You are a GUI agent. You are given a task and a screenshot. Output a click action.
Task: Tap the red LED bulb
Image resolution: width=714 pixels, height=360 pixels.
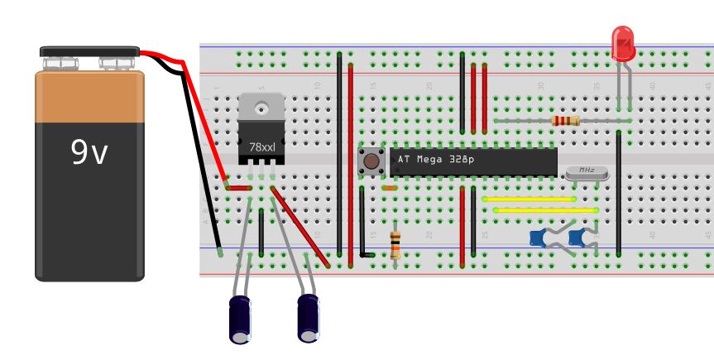[x=623, y=43]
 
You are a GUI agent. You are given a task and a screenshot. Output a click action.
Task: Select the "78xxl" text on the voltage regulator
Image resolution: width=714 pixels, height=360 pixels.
[x=262, y=146]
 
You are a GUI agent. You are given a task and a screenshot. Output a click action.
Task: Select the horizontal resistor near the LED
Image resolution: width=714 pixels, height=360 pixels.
[x=564, y=121]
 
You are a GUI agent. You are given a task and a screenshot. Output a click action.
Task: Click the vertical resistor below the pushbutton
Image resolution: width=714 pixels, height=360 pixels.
[x=395, y=245]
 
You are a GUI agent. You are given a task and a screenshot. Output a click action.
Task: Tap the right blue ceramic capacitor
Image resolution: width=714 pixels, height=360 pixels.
[x=578, y=239]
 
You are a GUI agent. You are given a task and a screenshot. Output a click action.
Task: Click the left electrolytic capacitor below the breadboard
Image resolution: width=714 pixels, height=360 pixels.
[x=241, y=318]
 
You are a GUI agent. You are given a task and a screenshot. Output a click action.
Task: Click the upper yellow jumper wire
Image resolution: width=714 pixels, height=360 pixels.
[x=529, y=199]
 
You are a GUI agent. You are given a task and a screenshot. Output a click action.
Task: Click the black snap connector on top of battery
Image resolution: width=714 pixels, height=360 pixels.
[x=89, y=52]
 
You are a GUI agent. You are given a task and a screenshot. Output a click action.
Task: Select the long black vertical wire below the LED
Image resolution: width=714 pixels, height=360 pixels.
[x=619, y=190]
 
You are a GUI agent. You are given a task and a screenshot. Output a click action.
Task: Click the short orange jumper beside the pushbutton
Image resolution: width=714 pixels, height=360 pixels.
[x=390, y=189]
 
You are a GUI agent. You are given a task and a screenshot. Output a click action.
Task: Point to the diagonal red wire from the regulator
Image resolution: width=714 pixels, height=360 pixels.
[x=301, y=228]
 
